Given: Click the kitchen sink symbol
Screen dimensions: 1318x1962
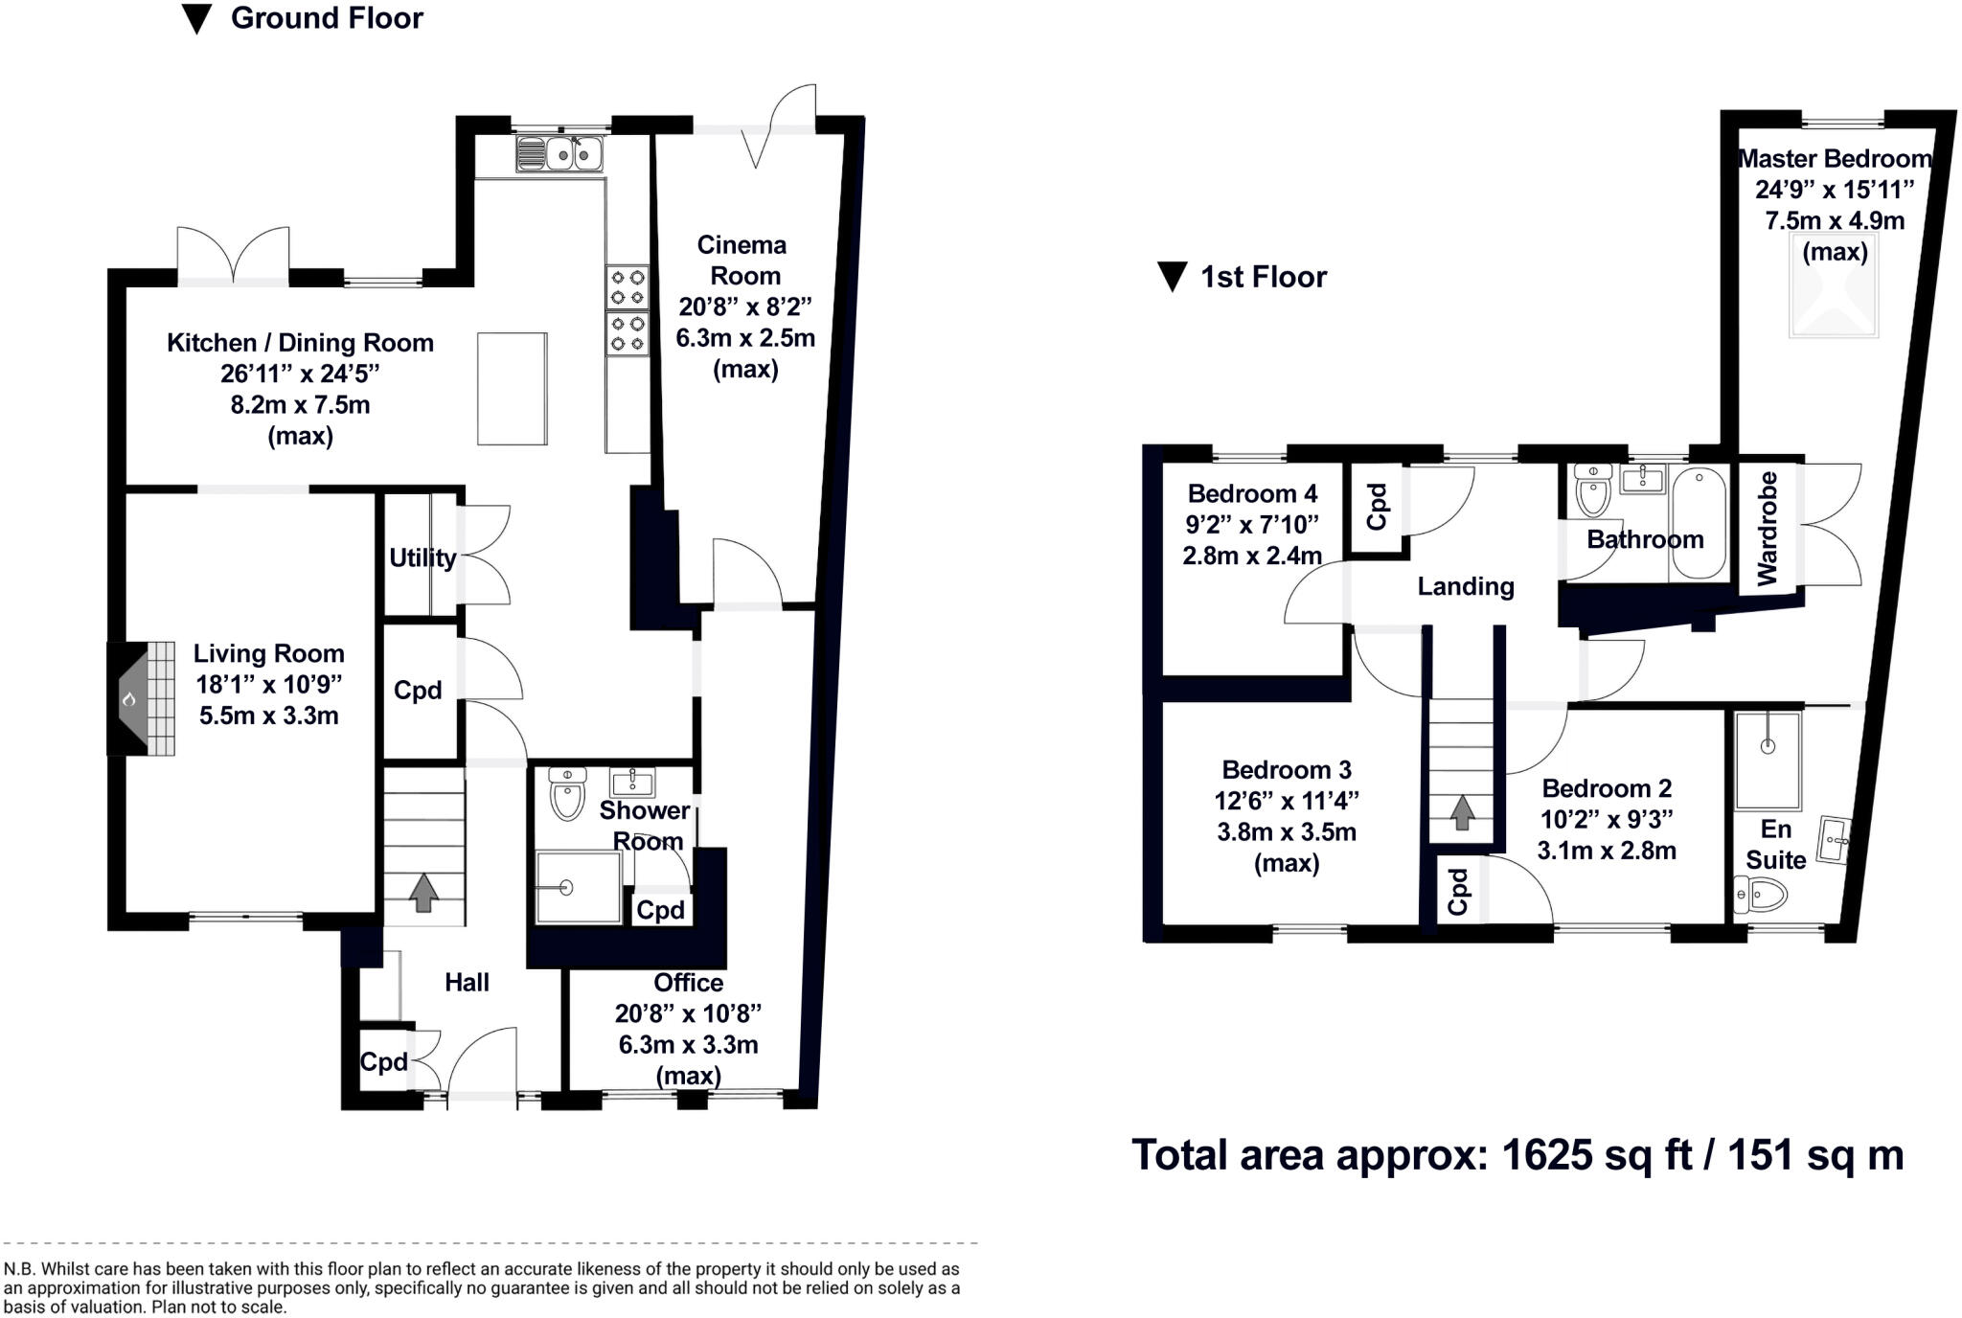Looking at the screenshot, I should click(559, 153).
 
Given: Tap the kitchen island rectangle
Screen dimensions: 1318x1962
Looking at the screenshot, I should click(513, 389).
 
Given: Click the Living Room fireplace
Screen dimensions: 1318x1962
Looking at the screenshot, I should click(139, 699).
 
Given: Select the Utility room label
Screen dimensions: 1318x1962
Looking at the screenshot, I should click(422, 557).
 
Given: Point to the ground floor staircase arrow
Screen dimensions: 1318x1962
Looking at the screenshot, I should click(423, 892).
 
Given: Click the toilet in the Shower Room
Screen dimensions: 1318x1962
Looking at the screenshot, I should click(567, 795).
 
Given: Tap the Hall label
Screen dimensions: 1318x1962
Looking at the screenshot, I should click(467, 983).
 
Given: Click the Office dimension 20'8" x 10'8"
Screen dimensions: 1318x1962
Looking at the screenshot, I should click(688, 1013).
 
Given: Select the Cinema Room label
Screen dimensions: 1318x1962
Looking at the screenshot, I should click(742, 261).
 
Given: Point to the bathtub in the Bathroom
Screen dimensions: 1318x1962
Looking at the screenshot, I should click(1698, 523).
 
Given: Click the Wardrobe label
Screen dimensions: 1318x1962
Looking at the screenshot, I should click(1768, 528).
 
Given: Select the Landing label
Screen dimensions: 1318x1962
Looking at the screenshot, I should click(1466, 586).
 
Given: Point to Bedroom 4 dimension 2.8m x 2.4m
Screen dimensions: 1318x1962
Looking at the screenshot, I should click(1252, 556).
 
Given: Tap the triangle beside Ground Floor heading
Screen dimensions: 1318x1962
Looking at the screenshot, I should click(196, 19).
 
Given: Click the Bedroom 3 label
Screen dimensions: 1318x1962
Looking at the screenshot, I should click(1287, 770).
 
